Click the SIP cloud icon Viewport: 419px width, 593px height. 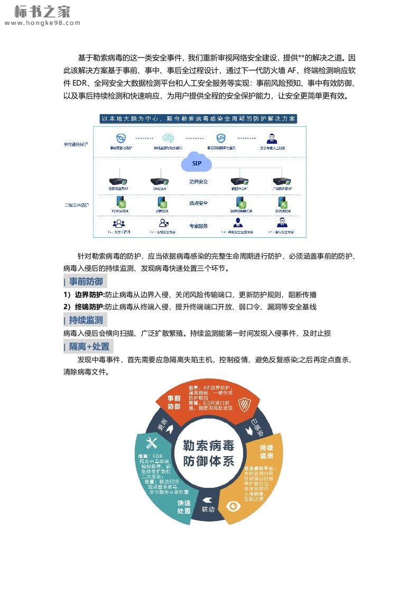[197, 163]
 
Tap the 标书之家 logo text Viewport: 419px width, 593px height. [42, 11]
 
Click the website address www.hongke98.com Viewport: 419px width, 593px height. [42, 23]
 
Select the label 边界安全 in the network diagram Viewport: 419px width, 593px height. [199, 182]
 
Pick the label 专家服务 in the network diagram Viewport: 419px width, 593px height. [199, 226]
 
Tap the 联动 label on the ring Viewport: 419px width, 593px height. [208, 509]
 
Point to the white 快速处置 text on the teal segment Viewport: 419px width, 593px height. [184, 507]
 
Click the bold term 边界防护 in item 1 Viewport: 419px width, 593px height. [89, 295]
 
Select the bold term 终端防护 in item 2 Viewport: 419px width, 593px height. [89, 307]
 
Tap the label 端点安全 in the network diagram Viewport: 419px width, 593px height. [199, 203]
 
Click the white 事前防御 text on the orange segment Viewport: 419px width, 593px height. [174, 402]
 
